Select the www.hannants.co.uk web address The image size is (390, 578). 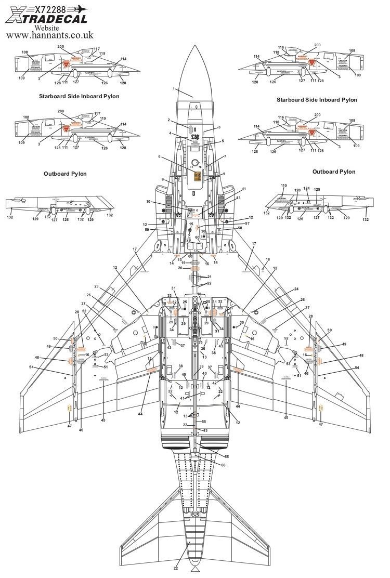[50, 36]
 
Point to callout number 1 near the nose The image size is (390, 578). [174, 89]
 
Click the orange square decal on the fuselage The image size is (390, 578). [197, 176]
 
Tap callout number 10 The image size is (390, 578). [148, 201]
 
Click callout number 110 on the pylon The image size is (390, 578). [283, 185]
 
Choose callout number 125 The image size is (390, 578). [317, 190]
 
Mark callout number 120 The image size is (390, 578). [297, 191]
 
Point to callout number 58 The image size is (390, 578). [240, 228]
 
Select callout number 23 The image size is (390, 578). [97, 286]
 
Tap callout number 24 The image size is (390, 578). [296, 289]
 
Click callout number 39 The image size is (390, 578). [201, 366]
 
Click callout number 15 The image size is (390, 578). [191, 224]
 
